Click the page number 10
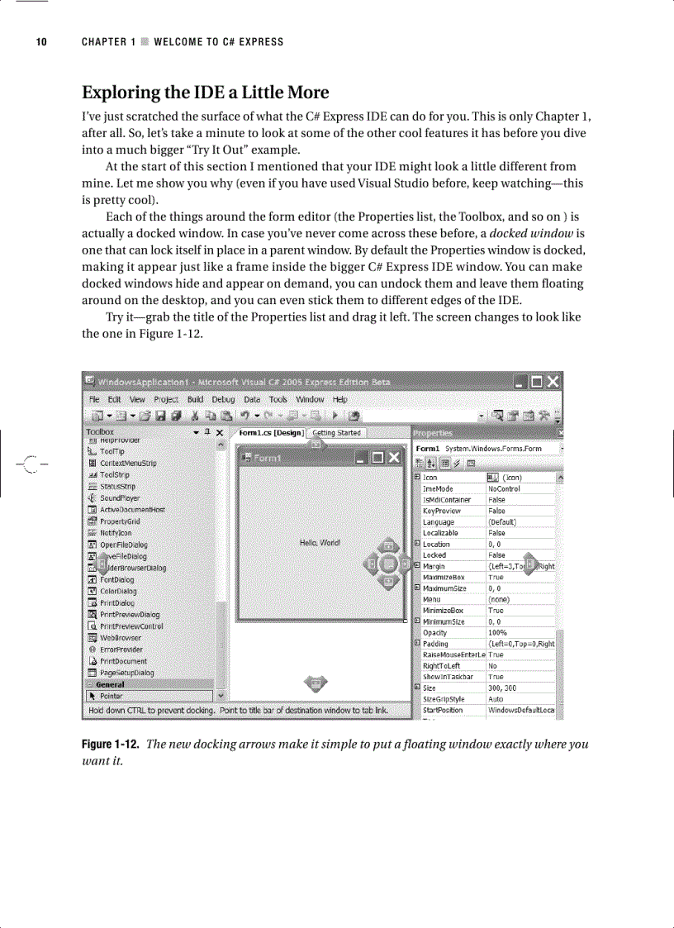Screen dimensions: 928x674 [40, 41]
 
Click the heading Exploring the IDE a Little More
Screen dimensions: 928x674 [204, 92]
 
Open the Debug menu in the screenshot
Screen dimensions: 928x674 [223, 399]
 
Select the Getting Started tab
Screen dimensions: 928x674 [337, 433]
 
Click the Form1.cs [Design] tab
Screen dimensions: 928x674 [270, 433]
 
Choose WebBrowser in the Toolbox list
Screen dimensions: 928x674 [120, 638]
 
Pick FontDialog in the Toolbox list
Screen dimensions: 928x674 [117, 579]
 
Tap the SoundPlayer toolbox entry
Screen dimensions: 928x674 [120, 498]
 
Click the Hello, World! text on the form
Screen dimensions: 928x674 [319, 543]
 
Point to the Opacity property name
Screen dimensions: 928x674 [435, 633]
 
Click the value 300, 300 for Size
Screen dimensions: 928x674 [502, 688]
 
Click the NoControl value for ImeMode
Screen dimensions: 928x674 [505, 488]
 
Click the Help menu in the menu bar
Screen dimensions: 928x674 [339, 399]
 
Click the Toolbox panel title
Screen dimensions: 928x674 [100, 431]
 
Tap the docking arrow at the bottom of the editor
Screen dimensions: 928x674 [314, 683]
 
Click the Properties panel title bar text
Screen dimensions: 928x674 [434, 432]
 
